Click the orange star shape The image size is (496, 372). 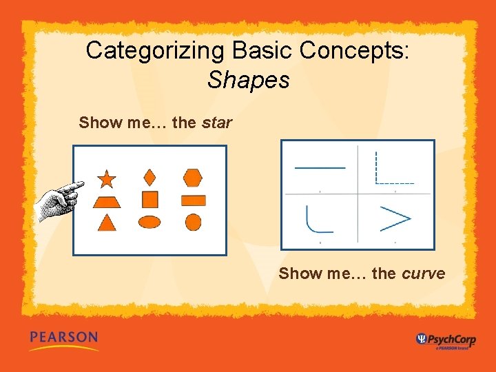click(x=107, y=179)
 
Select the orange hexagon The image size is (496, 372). click(x=193, y=178)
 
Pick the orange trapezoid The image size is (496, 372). click(x=107, y=201)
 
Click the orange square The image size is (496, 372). click(x=149, y=200)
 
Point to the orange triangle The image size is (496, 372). click(x=106, y=223)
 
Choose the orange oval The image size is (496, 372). click(x=149, y=222)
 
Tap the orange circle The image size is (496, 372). click(x=194, y=222)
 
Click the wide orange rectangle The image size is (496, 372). click(x=194, y=200)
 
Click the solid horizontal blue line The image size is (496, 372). click(x=320, y=167)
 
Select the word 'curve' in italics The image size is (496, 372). click(x=423, y=273)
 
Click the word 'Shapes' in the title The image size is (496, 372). click(x=248, y=80)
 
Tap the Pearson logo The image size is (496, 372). click(x=64, y=339)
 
